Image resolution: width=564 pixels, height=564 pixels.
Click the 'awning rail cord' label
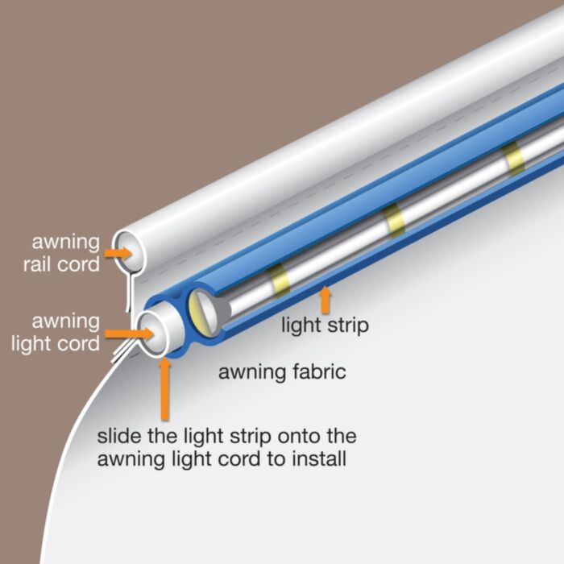[66, 252]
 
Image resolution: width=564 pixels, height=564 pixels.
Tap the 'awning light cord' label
[67, 333]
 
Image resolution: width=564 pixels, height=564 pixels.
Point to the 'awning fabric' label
[282, 372]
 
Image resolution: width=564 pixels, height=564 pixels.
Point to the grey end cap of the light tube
[203, 311]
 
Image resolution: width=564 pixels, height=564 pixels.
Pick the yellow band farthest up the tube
[513, 158]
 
